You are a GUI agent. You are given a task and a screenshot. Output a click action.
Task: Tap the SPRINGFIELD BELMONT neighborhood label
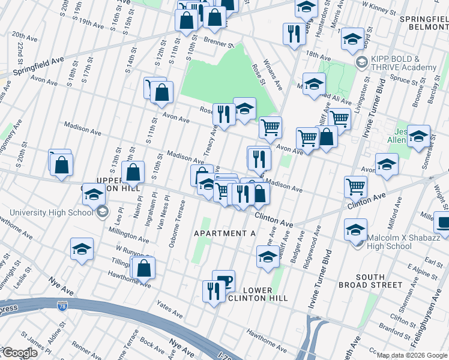click(x=424, y=23)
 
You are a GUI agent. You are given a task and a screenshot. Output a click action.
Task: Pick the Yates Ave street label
click(x=169, y=310)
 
